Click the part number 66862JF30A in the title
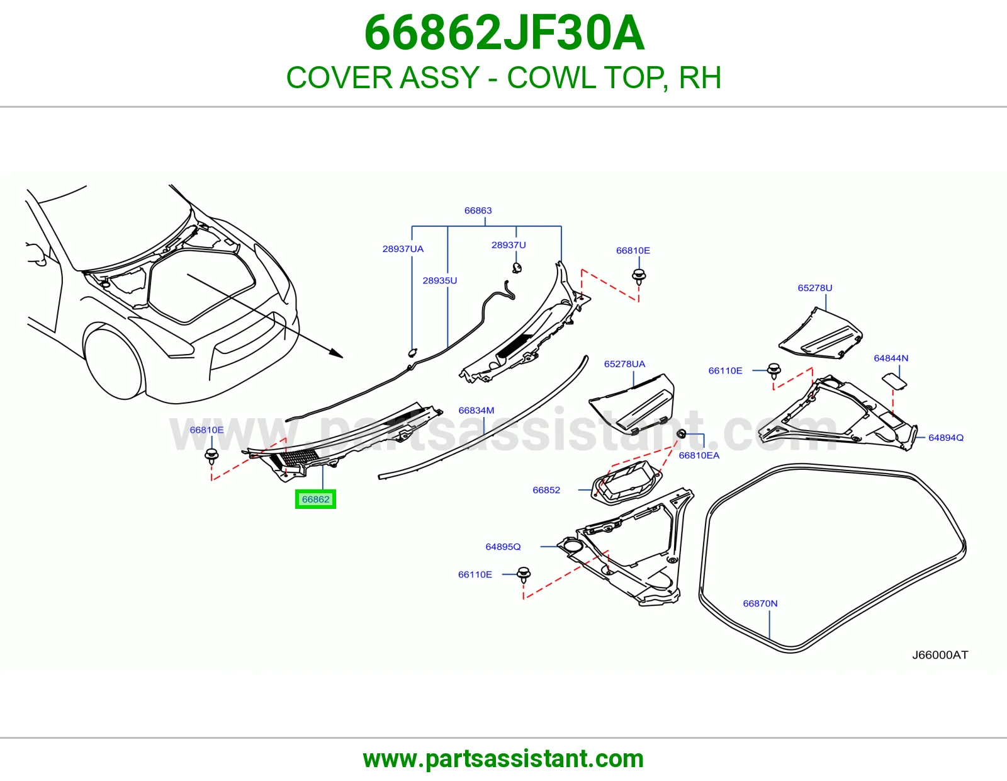tap(504, 33)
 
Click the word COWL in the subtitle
tap(551, 77)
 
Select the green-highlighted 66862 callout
tap(315, 499)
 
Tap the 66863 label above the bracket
tap(478, 210)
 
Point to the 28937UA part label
tap(403, 249)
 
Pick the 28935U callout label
tap(440, 280)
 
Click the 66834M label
tap(476, 411)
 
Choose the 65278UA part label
tap(624, 364)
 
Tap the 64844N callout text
tap(891, 358)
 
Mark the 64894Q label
tap(946, 438)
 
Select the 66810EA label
tap(699, 455)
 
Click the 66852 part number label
tap(546, 490)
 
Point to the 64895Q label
tap(503, 547)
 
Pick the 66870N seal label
tap(760, 603)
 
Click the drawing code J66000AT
tap(940, 655)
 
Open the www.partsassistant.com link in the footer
tap(503, 759)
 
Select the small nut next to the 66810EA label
tap(681, 434)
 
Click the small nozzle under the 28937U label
tap(517, 268)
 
